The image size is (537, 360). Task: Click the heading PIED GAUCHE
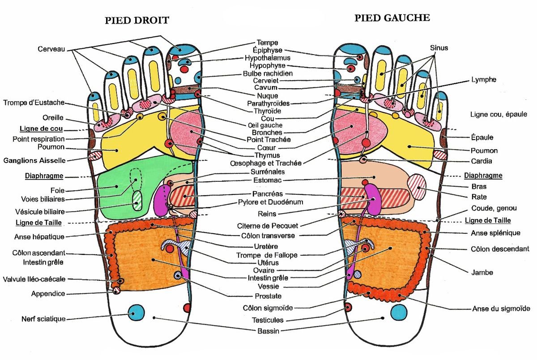click(392, 18)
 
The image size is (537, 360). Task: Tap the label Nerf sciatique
click(43, 319)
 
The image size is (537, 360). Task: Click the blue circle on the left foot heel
click(399, 312)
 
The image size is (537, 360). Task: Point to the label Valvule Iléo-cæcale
click(34, 279)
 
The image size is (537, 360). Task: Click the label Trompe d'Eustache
click(34, 103)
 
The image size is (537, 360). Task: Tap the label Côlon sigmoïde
click(268, 308)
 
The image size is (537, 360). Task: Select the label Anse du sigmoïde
click(501, 309)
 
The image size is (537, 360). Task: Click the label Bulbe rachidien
click(268, 73)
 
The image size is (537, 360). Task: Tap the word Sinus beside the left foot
click(439, 47)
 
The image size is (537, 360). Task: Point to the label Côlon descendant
click(500, 249)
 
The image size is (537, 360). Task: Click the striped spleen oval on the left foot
click(418, 187)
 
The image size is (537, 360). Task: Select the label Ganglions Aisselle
click(34, 160)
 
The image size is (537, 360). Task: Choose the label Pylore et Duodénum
click(270, 202)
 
